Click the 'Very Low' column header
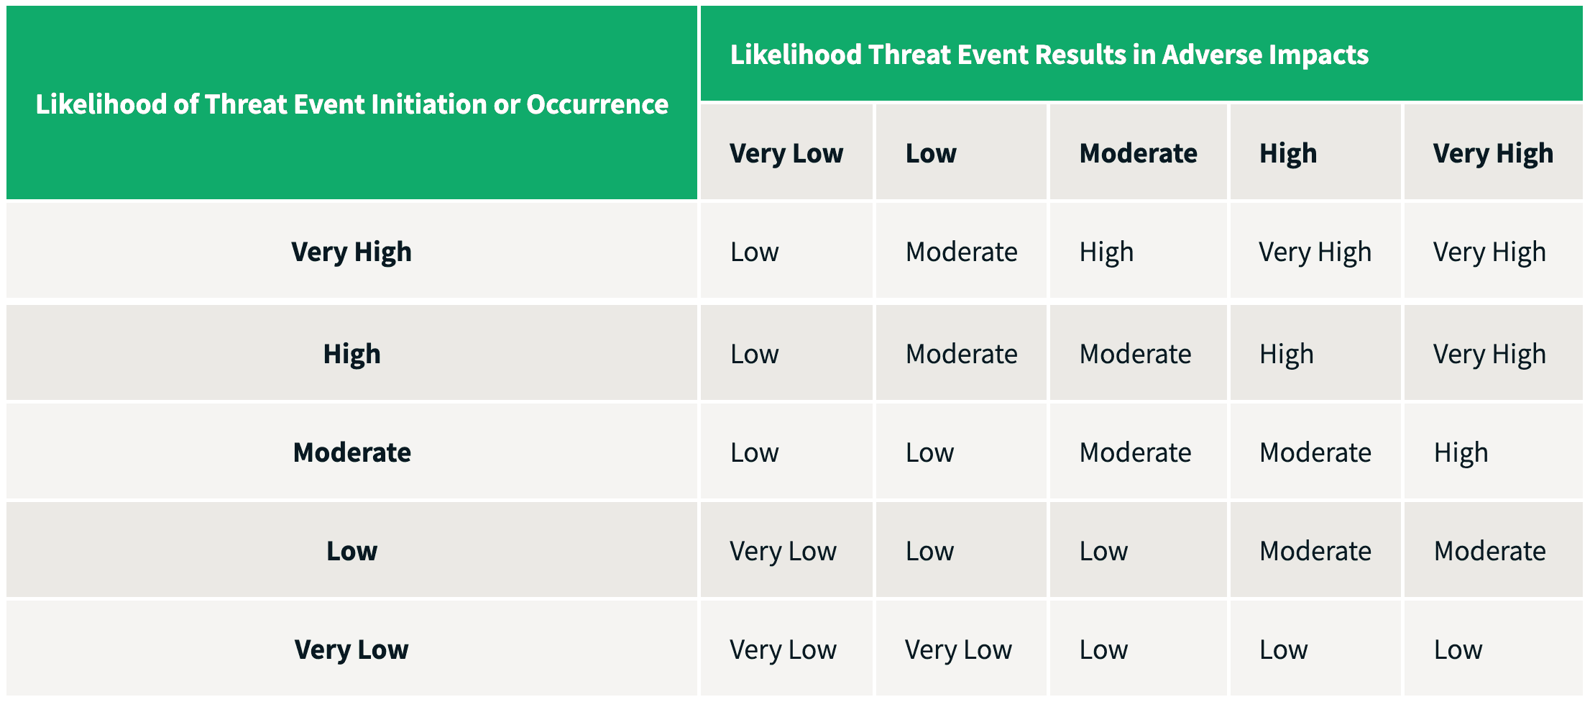[x=786, y=153]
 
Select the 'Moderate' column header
[x=1138, y=153]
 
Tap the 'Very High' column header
[x=1492, y=153]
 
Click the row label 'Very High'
[x=351, y=252]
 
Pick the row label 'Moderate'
[x=351, y=452]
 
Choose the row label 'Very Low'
[x=351, y=649]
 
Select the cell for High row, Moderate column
[x=1135, y=354]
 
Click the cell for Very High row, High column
[x=1315, y=252]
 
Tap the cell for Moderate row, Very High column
[x=1461, y=452]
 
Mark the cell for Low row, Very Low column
[x=783, y=551]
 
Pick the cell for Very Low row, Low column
[x=957, y=649]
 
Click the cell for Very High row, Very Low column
[x=754, y=252]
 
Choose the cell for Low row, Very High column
[x=1489, y=551]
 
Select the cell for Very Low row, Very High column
[x=1458, y=649]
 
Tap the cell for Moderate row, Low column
[x=929, y=452]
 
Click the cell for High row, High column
[x=1286, y=354]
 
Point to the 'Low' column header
[x=931, y=153]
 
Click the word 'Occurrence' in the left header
[x=597, y=104]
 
